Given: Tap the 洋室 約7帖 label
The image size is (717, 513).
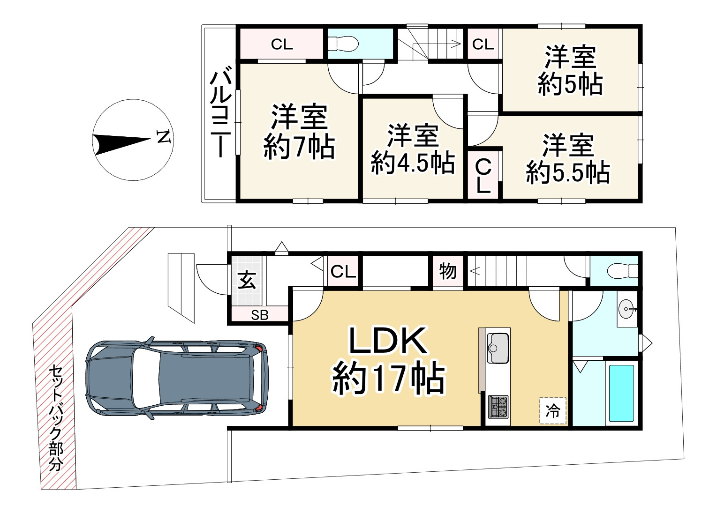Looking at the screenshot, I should pyautogui.click(x=299, y=132).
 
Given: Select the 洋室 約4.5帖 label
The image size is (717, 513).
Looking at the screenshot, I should pyautogui.click(x=413, y=149).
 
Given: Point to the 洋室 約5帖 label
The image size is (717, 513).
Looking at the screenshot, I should pyautogui.click(x=570, y=71).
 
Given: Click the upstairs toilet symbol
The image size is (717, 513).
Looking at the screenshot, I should pyautogui.click(x=343, y=44).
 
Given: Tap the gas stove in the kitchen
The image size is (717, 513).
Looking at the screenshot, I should pyautogui.click(x=498, y=407).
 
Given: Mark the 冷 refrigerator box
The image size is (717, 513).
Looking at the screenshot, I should pyautogui.click(x=553, y=411).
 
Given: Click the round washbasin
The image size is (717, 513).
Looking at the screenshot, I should pyautogui.click(x=627, y=309).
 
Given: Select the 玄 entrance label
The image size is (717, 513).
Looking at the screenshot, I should pyautogui.click(x=247, y=281).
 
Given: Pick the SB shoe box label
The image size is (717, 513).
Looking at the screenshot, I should pyautogui.click(x=259, y=315).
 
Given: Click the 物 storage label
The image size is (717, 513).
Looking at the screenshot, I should pyautogui.click(x=447, y=271).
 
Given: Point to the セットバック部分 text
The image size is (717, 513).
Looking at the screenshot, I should pyautogui.click(x=56, y=417).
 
